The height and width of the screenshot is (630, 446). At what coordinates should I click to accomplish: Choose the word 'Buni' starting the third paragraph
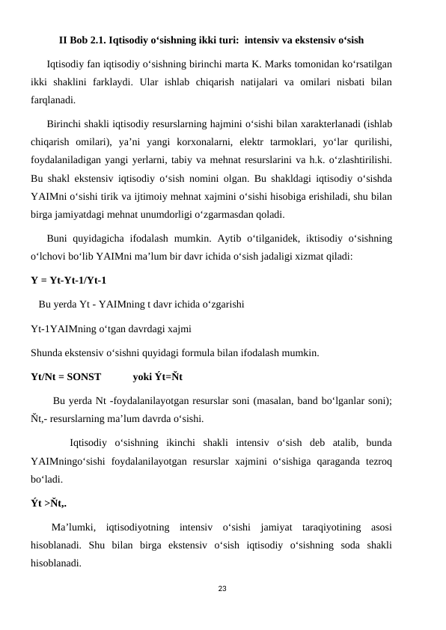(58, 239)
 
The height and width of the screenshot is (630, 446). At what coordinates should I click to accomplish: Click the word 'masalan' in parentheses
(272, 400)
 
